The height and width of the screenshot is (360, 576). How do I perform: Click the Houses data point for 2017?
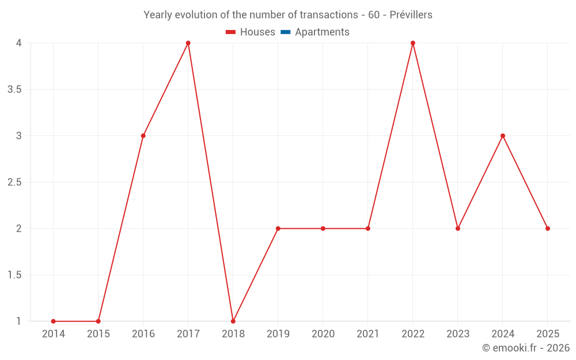click(x=188, y=43)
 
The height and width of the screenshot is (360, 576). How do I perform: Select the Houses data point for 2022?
click(x=413, y=43)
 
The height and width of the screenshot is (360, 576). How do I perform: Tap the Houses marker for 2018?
click(x=233, y=321)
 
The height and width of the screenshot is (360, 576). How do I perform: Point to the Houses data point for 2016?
click(x=143, y=136)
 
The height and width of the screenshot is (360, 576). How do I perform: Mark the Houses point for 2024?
click(x=503, y=136)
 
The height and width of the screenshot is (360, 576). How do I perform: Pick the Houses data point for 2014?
click(x=53, y=321)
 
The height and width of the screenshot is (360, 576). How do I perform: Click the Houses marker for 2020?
click(x=323, y=229)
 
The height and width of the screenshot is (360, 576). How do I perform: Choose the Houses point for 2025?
click(x=548, y=229)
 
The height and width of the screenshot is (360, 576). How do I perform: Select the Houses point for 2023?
click(x=458, y=229)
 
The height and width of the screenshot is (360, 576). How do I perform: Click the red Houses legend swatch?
click(x=231, y=32)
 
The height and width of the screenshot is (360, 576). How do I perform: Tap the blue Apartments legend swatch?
click(x=286, y=32)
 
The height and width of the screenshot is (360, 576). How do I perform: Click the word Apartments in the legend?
click(x=322, y=32)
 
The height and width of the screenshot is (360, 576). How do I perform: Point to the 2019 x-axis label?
click(x=278, y=334)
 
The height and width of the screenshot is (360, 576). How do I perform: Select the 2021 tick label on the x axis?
click(x=367, y=334)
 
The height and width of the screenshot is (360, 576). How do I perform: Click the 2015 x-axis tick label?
click(x=98, y=334)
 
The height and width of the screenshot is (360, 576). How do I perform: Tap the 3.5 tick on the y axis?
click(x=15, y=90)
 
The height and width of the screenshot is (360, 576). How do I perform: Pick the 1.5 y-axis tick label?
click(x=15, y=275)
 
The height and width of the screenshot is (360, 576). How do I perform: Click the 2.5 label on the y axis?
click(x=15, y=183)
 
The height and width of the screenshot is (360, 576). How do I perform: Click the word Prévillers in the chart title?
click(x=411, y=15)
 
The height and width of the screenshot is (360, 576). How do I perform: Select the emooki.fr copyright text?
click(x=525, y=348)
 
